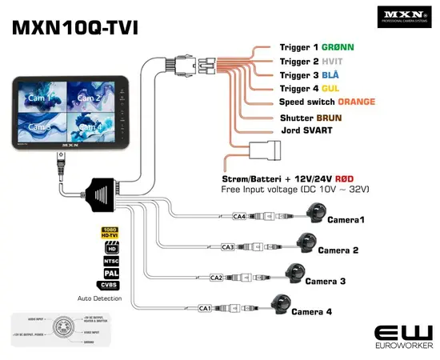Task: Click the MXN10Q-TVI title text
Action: pyautogui.click(x=75, y=27)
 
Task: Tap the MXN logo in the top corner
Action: pyautogui.click(x=403, y=16)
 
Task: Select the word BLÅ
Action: pyautogui.click(x=331, y=74)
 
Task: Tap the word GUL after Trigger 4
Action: pyautogui.click(x=331, y=88)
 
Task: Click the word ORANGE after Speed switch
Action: pyautogui.click(x=356, y=102)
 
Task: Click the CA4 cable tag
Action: pyautogui.click(x=238, y=216)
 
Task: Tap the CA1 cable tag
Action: pyautogui.click(x=205, y=308)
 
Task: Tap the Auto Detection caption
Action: pyautogui.click(x=101, y=298)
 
